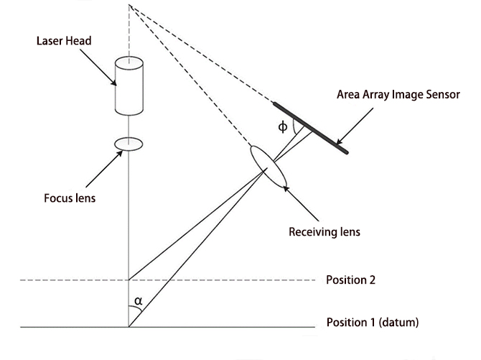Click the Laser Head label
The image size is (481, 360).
pos(63,41)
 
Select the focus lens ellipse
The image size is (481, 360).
pos(129,144)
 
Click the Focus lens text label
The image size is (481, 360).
pos(70,198)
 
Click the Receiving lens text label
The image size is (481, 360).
pos(324,232)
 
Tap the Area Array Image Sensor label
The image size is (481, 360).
pos(398,94)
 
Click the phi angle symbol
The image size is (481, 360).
pos(283,127)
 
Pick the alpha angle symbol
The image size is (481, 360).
pos(139,301)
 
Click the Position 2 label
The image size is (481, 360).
pos(350,280)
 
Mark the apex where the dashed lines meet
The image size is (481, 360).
pos(129,6)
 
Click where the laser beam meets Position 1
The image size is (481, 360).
pos(129,328)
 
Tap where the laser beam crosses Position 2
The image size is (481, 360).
pos(129,280)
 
